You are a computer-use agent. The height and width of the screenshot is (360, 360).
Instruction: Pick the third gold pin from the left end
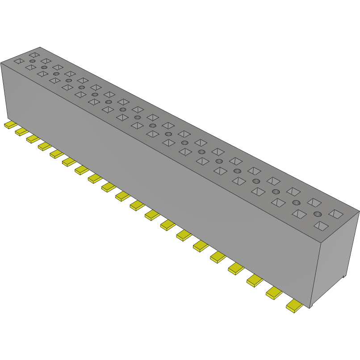[x=33, y=139]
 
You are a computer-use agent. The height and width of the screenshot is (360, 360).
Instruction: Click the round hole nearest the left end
[x=32, y=60]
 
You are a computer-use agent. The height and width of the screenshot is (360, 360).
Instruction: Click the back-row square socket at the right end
[x=335, y=213]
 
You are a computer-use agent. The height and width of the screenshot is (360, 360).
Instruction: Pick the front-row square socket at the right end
[x=321, y=226]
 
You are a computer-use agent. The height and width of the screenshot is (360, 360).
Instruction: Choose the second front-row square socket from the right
[x=298, y=214]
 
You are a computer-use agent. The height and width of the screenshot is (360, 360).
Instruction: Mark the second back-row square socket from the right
[x=314, y=202]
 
